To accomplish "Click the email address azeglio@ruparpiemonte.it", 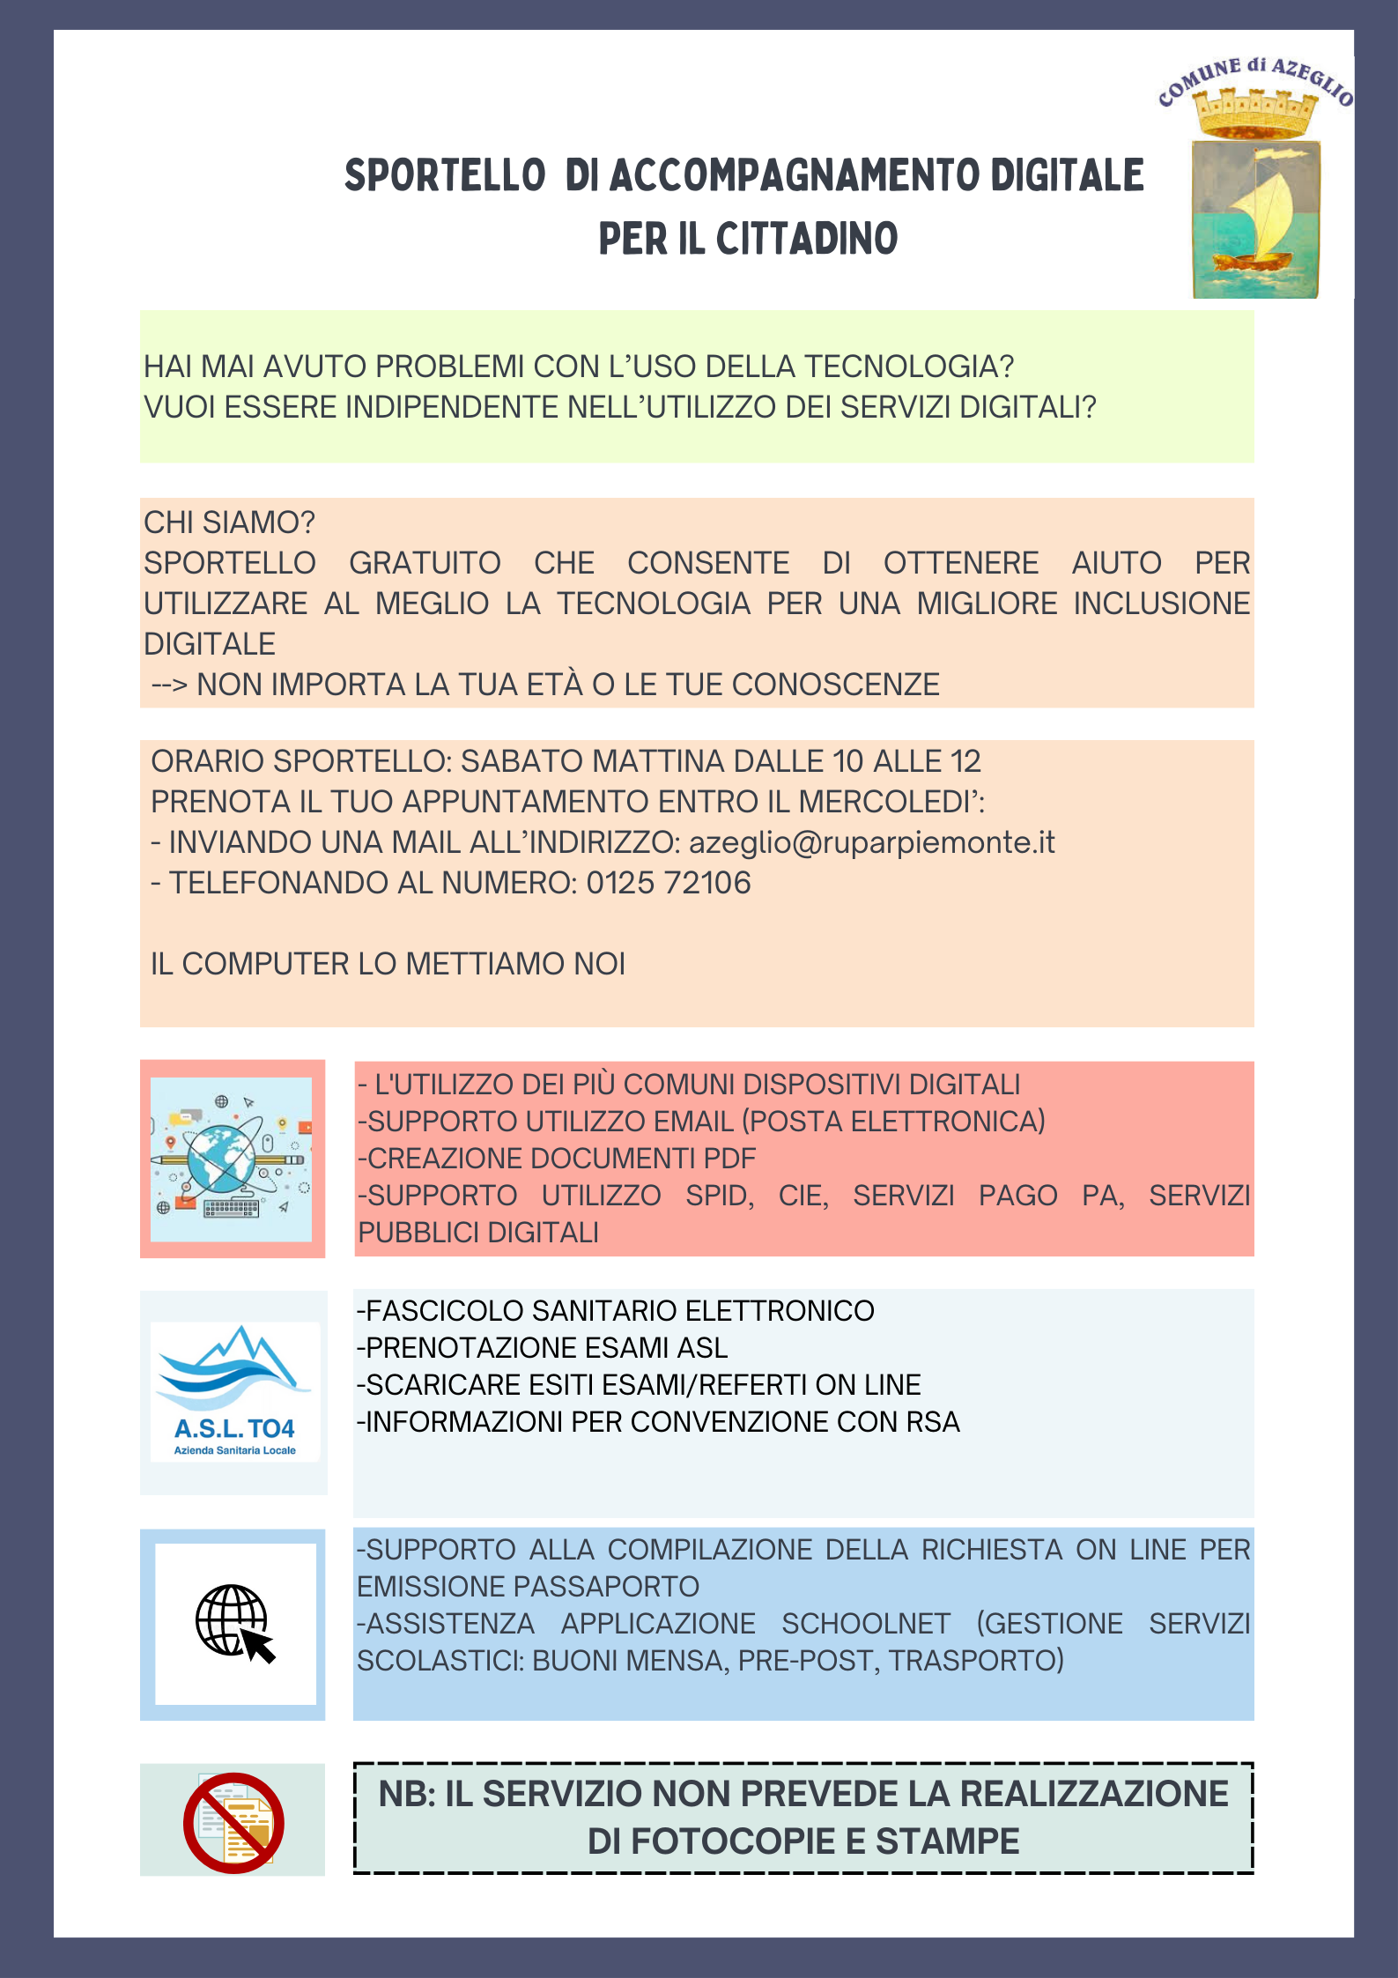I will point(871,843).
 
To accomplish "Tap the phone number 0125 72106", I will point(669,883).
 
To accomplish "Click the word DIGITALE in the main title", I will point(1067,175).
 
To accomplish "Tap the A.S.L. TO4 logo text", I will point(234,1428).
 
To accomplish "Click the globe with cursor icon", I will point(234,1623).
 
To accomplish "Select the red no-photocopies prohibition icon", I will point(233,1823).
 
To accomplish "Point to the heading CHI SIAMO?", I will point(229,522).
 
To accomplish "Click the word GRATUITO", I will point(425,563).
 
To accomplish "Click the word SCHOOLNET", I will point(866,1624).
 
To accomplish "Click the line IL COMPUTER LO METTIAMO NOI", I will point(388,964).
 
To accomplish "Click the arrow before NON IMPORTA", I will point(169,685).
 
